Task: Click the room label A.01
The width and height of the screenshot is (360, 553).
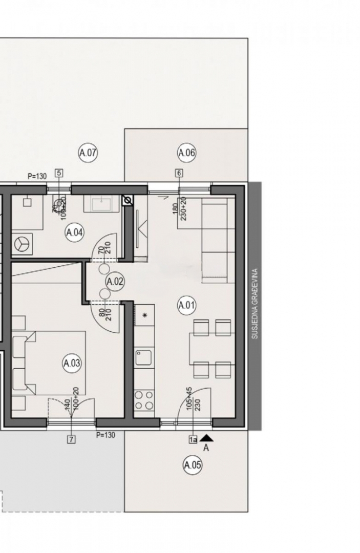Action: tap(187, 306)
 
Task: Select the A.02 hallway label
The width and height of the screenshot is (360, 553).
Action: tap(115, 281)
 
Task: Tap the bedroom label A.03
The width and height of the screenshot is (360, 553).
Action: tap(72, 364)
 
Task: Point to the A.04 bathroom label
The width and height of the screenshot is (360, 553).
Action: tap(74, 232)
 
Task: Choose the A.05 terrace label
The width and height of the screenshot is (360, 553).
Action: tap(193, 465)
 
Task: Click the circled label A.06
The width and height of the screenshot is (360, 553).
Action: tap(187, 153)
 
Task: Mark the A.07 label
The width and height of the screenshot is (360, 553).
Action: tap(88, 153)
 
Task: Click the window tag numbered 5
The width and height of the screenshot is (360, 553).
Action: tap(59, 173)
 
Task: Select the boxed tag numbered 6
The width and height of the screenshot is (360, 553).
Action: tap(179, 173)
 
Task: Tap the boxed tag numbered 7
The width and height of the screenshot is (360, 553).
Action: tap(71, 439)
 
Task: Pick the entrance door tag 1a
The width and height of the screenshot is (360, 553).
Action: tap(193, 439)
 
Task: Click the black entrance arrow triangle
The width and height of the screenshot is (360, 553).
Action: tap(206, 437)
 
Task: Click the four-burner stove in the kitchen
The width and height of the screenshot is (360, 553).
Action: tap(144, 400)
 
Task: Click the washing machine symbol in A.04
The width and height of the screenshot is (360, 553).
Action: tap(23, 244)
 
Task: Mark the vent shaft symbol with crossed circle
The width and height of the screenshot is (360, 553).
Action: tap(128, 200)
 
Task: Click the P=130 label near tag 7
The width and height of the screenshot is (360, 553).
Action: tap(105, 435)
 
